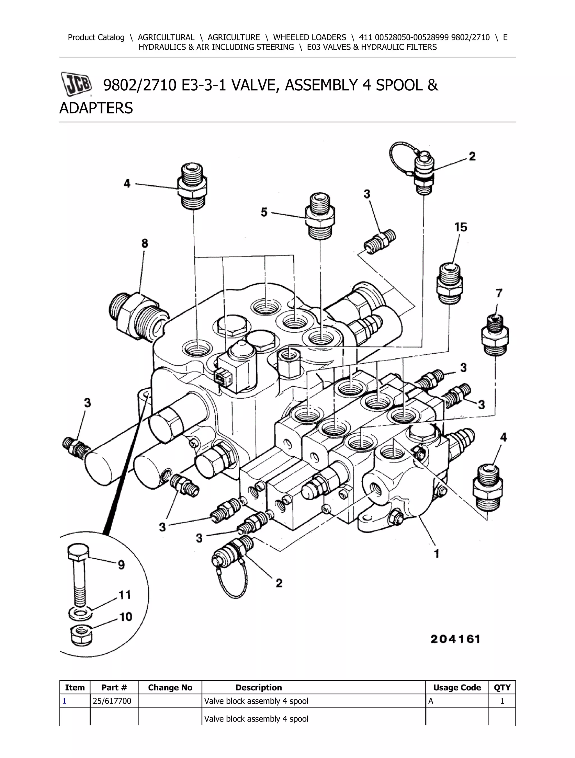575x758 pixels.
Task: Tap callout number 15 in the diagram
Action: pyautogui.click(x=460, y=227)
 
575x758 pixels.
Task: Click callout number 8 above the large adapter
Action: pyautogui.click(x=144, y=243)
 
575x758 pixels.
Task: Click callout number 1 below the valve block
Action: pyautogui.click(x=436, y=553)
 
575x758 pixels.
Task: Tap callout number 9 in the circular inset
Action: pyautogui.click(x=121, y=565)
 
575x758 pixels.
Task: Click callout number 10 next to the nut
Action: pyautogui.click(x=126, y=617)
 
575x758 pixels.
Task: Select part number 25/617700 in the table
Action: pyautogui.click(x=112, y=701)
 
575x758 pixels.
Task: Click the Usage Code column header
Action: pyautogui.click(x=457, y=687)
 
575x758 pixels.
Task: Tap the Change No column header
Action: pyautogui.click(x=170, y=687)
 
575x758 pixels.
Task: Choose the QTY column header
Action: pyautogui.click(x=502, y=687)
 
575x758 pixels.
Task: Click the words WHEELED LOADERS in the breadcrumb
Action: pyautogui.click(x=309, y=37)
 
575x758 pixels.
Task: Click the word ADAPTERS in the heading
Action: pyautogui.click(x=96, y=108)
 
